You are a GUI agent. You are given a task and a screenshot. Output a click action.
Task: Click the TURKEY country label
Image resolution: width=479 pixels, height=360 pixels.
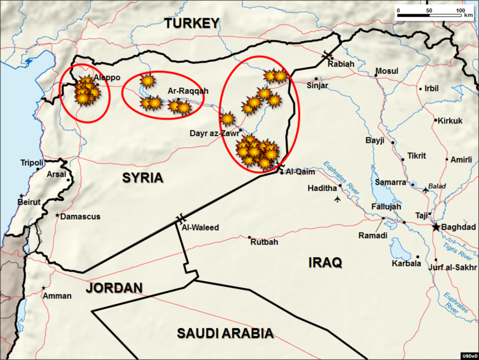tap(191, 23)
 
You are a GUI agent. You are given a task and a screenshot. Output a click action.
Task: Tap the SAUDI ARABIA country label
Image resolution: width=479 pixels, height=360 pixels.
tap(225, 333)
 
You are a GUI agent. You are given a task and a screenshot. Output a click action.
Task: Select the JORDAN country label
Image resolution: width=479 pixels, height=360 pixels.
tap(114, 287)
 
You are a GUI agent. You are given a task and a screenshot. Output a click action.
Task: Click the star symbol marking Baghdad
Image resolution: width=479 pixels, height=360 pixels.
tap(436, 227)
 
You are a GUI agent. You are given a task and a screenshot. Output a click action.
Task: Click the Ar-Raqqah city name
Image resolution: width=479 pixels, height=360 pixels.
tap(188, 91)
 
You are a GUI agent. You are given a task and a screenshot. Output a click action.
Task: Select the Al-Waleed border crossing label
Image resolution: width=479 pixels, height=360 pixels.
tap(200, 228)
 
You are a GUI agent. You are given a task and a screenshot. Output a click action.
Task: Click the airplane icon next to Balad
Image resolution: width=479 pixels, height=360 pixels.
tap(425, 190)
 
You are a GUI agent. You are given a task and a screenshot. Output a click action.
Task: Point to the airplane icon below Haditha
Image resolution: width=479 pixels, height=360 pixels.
tap(338, 200)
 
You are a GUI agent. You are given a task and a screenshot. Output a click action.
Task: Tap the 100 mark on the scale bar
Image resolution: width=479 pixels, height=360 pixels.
tap(460, 10)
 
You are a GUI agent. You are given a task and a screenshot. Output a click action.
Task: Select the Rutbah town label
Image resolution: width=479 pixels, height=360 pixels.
tap(264, 242)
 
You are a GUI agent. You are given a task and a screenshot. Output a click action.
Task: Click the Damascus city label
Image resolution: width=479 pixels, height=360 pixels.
tap(80, 217)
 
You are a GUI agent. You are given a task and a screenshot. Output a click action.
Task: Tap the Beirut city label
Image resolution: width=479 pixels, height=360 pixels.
tap(29, 202)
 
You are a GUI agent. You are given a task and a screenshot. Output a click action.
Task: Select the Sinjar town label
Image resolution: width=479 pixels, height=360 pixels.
tap(318, 86)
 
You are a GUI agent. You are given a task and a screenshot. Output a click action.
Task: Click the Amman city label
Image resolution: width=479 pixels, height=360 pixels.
tap(57, 295)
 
